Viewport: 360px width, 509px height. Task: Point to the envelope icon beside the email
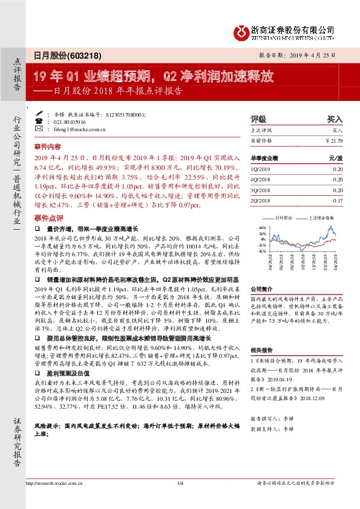39,129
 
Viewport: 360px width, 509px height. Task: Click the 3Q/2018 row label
259,190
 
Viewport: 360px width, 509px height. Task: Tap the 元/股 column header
335,157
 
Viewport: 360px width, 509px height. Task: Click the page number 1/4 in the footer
180,499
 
